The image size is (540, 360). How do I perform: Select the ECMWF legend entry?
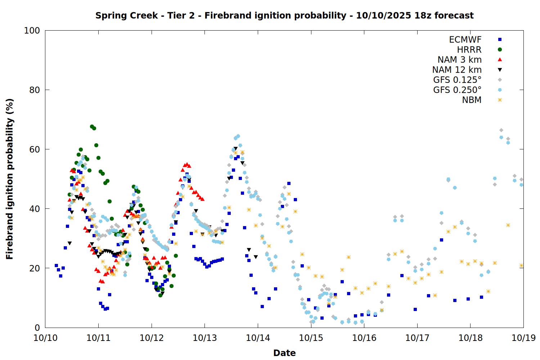(465, 40)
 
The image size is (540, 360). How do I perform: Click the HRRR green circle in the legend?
(500, 50)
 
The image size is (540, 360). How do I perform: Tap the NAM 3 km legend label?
(459, 60)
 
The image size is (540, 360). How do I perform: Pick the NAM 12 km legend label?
(457, 70)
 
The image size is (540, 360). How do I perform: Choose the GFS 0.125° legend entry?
(457, 80)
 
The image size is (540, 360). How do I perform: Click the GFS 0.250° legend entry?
(457, 90)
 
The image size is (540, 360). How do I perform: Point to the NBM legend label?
(472, 100)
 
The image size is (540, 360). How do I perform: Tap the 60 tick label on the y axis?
(35, 149)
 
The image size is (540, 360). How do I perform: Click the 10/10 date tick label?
(45, 338)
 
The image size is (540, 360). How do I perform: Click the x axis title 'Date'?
(284, 353)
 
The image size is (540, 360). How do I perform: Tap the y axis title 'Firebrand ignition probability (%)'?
(10, 179)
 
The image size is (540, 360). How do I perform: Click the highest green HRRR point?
(92, 126)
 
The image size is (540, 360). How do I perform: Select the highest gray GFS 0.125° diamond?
(501, 130)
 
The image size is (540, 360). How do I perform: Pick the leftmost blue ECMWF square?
(56, 265)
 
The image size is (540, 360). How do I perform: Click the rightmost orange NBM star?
(521, 266)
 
